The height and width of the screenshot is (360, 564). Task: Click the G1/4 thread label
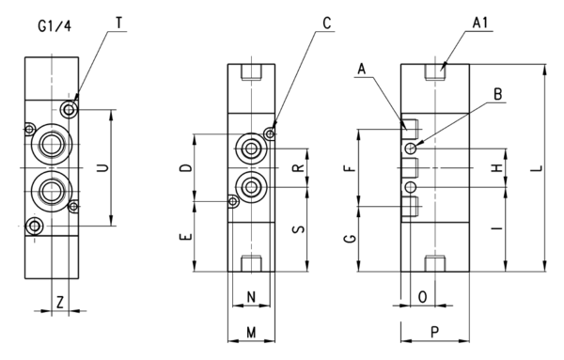[x=55, y=26]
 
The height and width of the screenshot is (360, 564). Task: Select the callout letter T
[x=119, y=23]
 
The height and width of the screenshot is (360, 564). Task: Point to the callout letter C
[x=326, y=23]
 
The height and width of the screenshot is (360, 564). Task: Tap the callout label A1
[x=479, y=23]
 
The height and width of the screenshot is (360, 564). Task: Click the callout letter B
[x=498, y=94]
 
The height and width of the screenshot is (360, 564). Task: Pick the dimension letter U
[x=103, y=167]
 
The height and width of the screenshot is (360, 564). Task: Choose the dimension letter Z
[x=60, y=302]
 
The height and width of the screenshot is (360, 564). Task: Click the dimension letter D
[x=186, y=168]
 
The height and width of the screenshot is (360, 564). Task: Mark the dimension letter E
[x=186, y=237]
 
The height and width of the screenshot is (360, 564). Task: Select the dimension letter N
[x=251, y=297]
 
